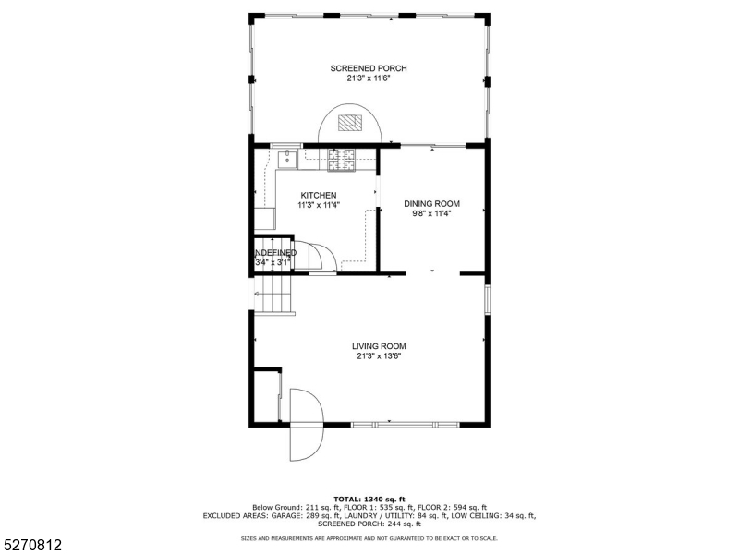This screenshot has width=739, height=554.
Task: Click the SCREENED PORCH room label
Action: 369,68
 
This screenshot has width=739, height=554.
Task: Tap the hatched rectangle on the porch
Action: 349,122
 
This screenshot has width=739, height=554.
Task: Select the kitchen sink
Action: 287,159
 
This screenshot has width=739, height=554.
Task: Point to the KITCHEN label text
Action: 319,195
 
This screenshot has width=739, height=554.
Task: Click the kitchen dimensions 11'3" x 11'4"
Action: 319,205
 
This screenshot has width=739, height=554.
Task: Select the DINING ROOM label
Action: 431,204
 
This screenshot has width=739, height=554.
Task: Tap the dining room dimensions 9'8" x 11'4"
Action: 431,214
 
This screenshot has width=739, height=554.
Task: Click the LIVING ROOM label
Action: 379,346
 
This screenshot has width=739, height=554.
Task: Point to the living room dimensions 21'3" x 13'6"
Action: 379,356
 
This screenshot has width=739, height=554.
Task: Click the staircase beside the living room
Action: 273,296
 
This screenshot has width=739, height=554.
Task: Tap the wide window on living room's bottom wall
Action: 405,424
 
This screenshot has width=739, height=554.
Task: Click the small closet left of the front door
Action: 266,395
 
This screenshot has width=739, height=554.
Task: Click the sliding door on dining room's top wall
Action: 432,145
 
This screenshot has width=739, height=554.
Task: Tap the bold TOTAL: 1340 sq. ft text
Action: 369,499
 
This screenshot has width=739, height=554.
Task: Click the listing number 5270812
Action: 32,546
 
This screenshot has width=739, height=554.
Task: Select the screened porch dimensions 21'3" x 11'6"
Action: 369,78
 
